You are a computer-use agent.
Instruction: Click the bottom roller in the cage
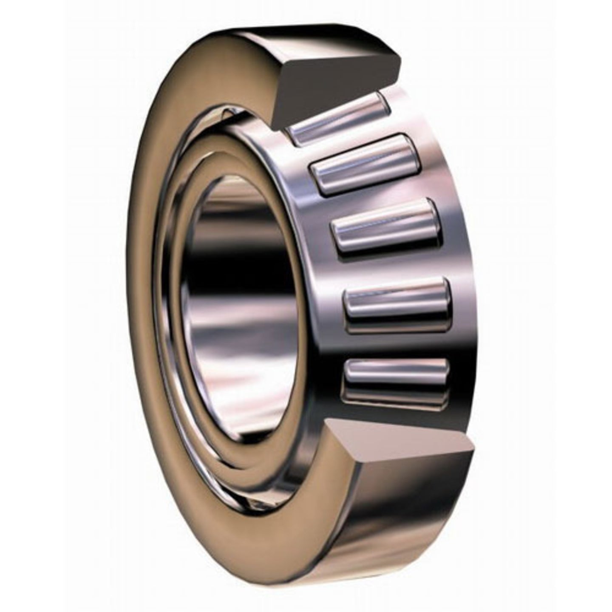tap(397, 374)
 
